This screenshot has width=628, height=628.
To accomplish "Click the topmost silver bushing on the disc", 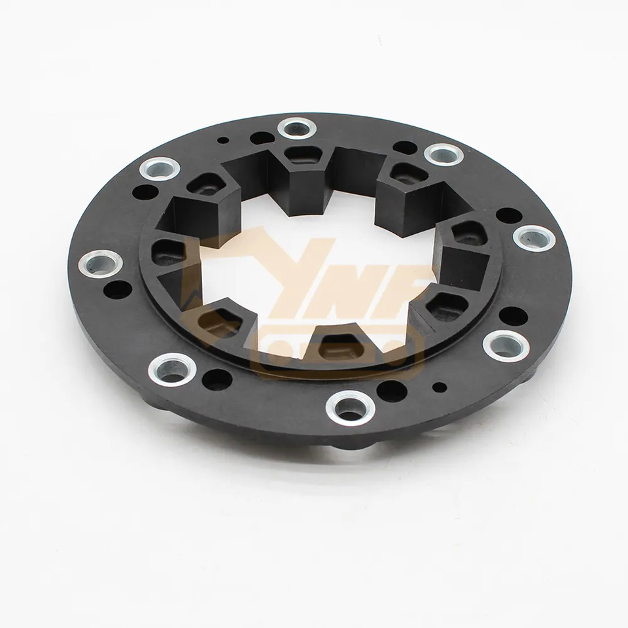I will tap(292, 127).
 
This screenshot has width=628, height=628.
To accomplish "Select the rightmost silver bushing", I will tap(534, 238).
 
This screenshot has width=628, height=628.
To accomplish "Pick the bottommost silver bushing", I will tap(348, 406).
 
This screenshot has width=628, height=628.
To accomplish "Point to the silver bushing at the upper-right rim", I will tap(444, 154).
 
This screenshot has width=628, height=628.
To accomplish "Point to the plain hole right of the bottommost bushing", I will tap(391, 391).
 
